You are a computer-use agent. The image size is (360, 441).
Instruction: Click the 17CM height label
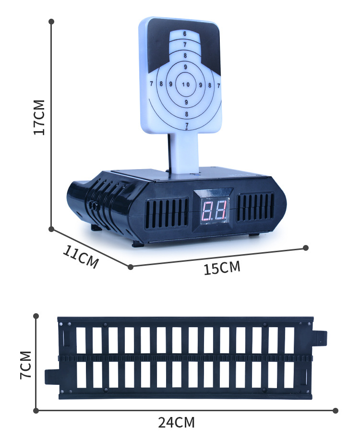(39, 117)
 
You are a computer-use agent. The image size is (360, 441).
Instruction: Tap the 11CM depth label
(81, 257)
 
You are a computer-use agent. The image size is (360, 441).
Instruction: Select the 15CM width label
(222, 268)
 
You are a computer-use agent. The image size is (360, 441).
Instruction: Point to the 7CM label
(25, 365)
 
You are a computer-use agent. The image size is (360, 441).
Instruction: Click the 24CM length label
(176, 422)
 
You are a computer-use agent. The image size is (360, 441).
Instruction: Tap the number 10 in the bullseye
(186, 85)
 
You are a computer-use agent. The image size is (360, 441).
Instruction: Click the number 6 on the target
(185, 34)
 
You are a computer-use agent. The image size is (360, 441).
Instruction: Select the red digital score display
(215, 211)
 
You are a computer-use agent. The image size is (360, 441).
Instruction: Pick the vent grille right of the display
(255, 207)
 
